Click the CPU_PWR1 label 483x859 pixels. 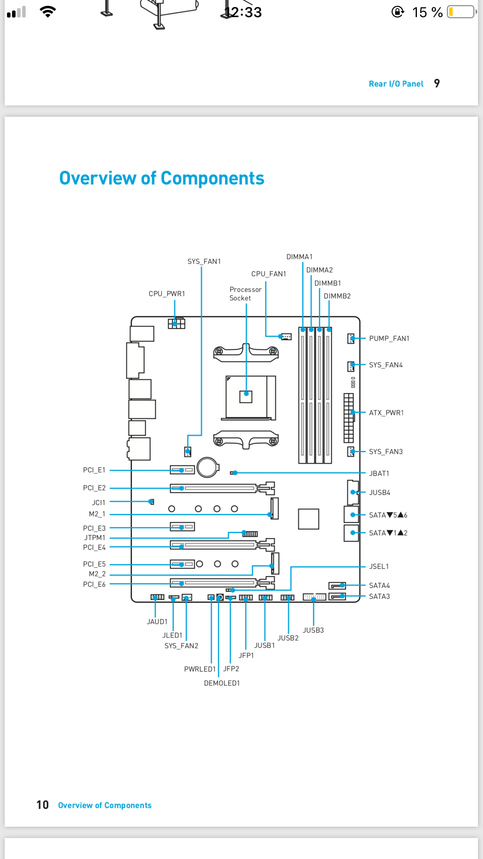coord(167,294)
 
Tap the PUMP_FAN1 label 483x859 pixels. coord(389,338)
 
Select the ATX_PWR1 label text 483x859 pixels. coord(387,413)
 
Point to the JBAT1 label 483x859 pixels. coord(379,473)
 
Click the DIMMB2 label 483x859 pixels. coord(337,296)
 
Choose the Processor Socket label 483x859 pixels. coord(245,294)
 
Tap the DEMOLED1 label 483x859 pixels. coord(222,683)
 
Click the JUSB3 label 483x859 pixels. coord(313,630)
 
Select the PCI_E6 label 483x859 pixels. coord(94,584)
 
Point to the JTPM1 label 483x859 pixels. coord(95,538)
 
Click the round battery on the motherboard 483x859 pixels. coord(208,467)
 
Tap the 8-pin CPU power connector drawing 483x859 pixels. coord(177,324)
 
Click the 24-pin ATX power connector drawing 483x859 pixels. coord(349,418)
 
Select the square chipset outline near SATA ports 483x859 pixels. coord(309,519)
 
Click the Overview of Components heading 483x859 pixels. coord(162,178)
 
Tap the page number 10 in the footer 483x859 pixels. coord(43,805)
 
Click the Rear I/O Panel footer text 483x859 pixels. coord(396,84)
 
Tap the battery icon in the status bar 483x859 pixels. coord(462,12)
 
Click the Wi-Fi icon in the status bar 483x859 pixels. coord(48,12)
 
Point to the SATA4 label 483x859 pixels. coord(380,586)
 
